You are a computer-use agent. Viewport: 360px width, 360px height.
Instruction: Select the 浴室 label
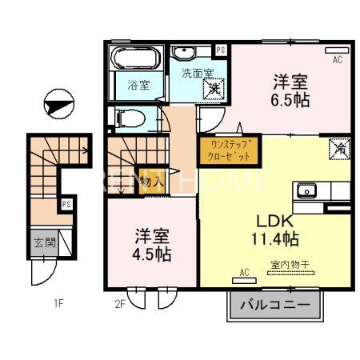click(138, 86)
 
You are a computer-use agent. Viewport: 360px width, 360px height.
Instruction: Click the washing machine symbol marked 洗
click(213, 90)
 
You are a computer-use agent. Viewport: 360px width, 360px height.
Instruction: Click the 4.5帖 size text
click(153, 254)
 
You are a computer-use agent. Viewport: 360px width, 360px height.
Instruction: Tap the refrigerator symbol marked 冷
click(339, 148)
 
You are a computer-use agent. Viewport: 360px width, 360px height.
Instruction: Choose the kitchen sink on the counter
click(307, 190)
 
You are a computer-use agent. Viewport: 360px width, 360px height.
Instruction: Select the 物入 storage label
click(150, 182)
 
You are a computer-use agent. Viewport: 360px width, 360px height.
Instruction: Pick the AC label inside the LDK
click(244, 273)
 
